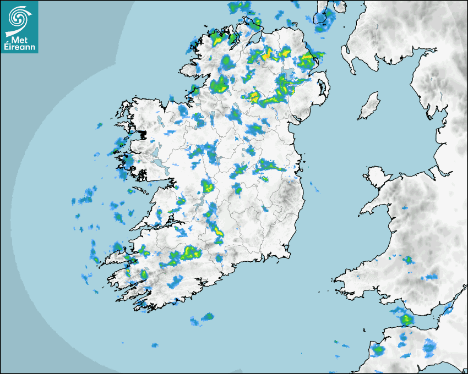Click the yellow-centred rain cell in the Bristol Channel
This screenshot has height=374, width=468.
(406, 318)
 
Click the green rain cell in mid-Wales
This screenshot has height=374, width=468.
(408, 260)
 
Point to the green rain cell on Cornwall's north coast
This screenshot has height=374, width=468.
(378, 349)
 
